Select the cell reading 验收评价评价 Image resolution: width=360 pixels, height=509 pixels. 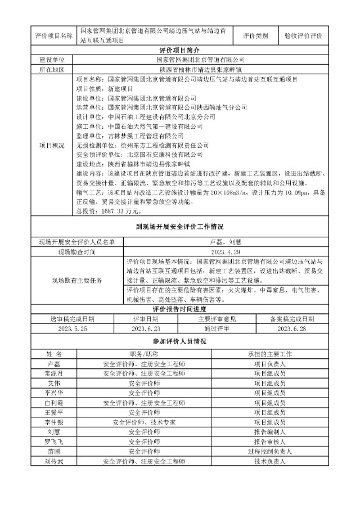pyautogui.click(x=304, y=35)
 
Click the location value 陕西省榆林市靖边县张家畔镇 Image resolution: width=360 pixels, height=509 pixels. pyautogui.click(x=200, y=70)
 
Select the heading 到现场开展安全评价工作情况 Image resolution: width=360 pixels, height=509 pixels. pyautogui.click(x=180, y=227)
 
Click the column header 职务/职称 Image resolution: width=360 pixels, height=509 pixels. pyautogui.click(x=144, y=354)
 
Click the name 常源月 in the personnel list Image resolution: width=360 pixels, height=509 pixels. pyautogui.click(x=54, y=373)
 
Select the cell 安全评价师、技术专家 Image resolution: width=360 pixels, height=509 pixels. pyautogui.click(x=144, y=422)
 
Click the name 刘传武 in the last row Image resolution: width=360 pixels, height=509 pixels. pyautogui.click(x=54, y=461)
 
